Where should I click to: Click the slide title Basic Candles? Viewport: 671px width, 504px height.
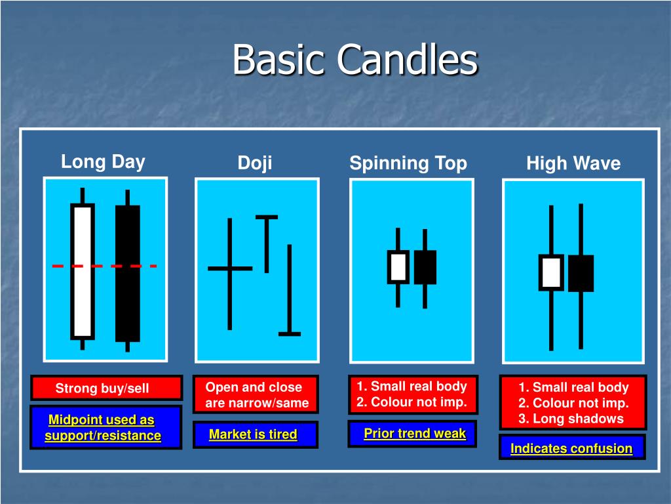click(x=355, y=60)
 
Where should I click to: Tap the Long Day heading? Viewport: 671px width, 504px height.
click(x=103, y=162)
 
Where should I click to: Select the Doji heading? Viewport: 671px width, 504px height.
click(x=255, y=163)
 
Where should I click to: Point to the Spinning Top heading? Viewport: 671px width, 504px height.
click(x=408, y=163)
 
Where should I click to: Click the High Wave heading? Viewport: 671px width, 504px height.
click(x=573, y=164)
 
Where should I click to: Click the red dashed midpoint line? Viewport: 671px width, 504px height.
click(x=105, y=266)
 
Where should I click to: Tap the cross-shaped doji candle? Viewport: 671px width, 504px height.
click(x=229, y=268)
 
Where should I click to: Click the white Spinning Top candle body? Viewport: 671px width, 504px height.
click(x=398, y=267)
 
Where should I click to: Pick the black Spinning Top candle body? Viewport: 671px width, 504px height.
click(x=425, y=267)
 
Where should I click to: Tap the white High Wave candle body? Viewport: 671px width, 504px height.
click(x=551, y=272)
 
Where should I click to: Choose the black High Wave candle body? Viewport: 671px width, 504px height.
click(x=581, y=273)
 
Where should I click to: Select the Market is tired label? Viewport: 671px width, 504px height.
click(x=253, y=434)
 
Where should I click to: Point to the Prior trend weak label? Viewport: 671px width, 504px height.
click(x=415, y=433)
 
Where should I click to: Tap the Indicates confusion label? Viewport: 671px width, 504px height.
click(x=571, y=449)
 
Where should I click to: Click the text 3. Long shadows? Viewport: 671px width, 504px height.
click(x=571, y=419)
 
